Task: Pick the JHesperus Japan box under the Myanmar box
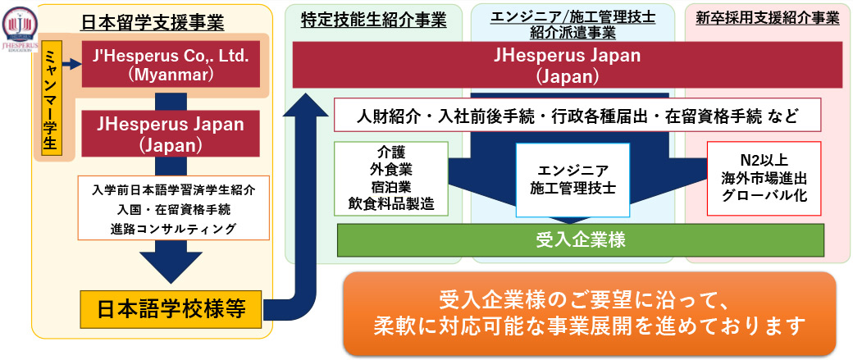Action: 171,134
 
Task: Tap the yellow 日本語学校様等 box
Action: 171,310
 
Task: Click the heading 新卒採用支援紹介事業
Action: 767,19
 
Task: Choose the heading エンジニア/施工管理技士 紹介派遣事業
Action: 574,25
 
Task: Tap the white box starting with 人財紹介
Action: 577,115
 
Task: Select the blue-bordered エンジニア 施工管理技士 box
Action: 572,180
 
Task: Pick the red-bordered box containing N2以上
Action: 764,178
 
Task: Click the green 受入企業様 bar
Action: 581,240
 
